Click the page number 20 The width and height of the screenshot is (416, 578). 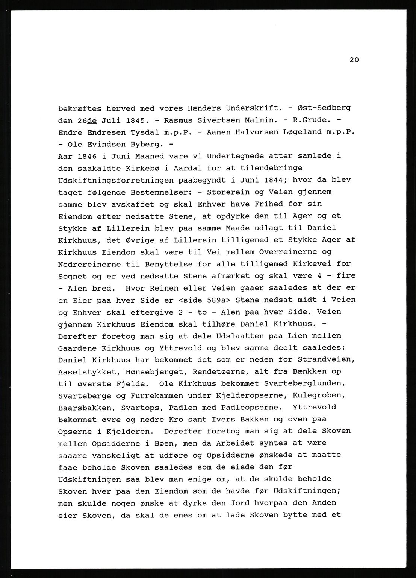pos(354,59)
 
